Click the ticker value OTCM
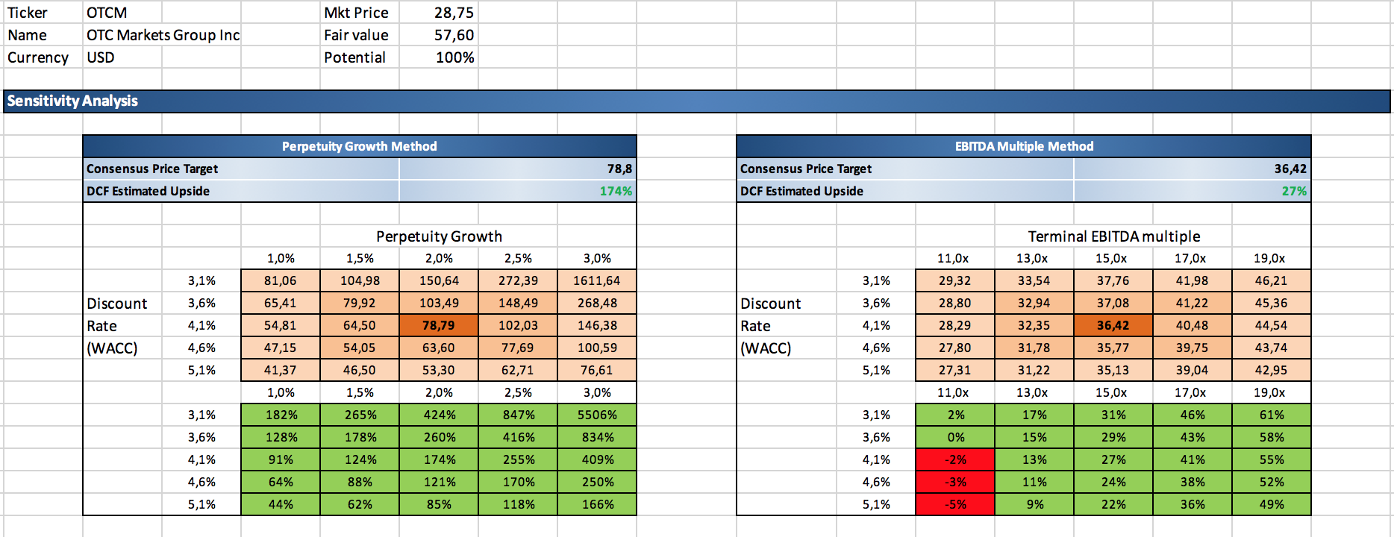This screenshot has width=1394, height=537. click(107, 13)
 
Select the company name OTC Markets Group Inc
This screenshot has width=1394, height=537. click(163, 35)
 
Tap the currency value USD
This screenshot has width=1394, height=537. click(100, 57)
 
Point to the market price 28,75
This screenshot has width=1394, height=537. click(454, 13)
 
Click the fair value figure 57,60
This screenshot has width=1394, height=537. click(454, 35)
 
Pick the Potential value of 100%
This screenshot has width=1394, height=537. click(454, 57)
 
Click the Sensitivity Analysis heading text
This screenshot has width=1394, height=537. click(72, 101)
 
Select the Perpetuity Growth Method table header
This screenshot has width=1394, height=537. click(359, 146)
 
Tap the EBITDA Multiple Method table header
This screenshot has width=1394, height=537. click(1024, 146)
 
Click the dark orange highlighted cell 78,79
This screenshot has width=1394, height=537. click(438, 325)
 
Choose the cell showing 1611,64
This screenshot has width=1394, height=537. click(596, 280)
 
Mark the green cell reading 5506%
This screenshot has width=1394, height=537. click(596, 415)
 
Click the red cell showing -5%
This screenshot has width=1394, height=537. click(955, 504)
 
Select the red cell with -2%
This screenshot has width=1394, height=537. click(955, 459)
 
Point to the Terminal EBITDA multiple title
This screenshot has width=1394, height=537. click(1113, 236)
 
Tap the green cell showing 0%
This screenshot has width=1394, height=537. click(955, 437)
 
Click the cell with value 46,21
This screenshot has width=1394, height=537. click(1271, 280)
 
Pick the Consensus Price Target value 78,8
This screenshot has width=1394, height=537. click(619, 169)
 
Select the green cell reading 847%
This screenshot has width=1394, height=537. click(518, 415)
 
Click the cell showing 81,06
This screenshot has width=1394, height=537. click(280, 280)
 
